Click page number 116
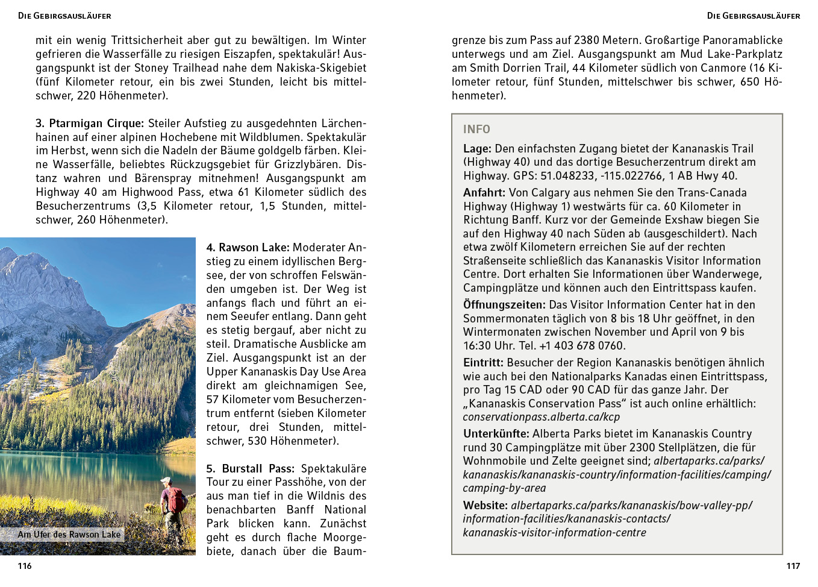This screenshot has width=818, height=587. pyautogui.click(x=25, y=566)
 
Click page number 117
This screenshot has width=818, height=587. pyautogui.click(x=793, y=566)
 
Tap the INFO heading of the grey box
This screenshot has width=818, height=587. pyautogui.click(x=476, y=130)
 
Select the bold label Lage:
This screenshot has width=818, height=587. pyautogui.click(x=477, y=149)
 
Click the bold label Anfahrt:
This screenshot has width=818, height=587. pyautogui.click(x=484, y=193)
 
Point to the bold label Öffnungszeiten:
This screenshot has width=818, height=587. pyautogui.click(x=504, y=305)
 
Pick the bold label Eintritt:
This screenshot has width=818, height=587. pyautogui.click(x=483, y=363)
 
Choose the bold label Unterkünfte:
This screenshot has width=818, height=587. pyautogui.click(x=496, y=434)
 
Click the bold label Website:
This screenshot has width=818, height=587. pyautogui.click(x=485, y=506)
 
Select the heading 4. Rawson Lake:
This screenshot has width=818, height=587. pyautogui.click(x=248, y=248)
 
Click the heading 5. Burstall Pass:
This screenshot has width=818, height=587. pyautogui.click(x=250, y=469)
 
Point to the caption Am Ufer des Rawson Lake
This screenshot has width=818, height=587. pyautogui.click(x=69, y=535)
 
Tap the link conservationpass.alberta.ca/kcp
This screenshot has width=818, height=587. pyautogui.click(x=541, y=417)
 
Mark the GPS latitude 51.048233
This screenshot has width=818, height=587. pyautogui.click(x=566, y=176)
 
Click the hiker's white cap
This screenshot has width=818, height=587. pyautogui.click(x=166, y=480)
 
